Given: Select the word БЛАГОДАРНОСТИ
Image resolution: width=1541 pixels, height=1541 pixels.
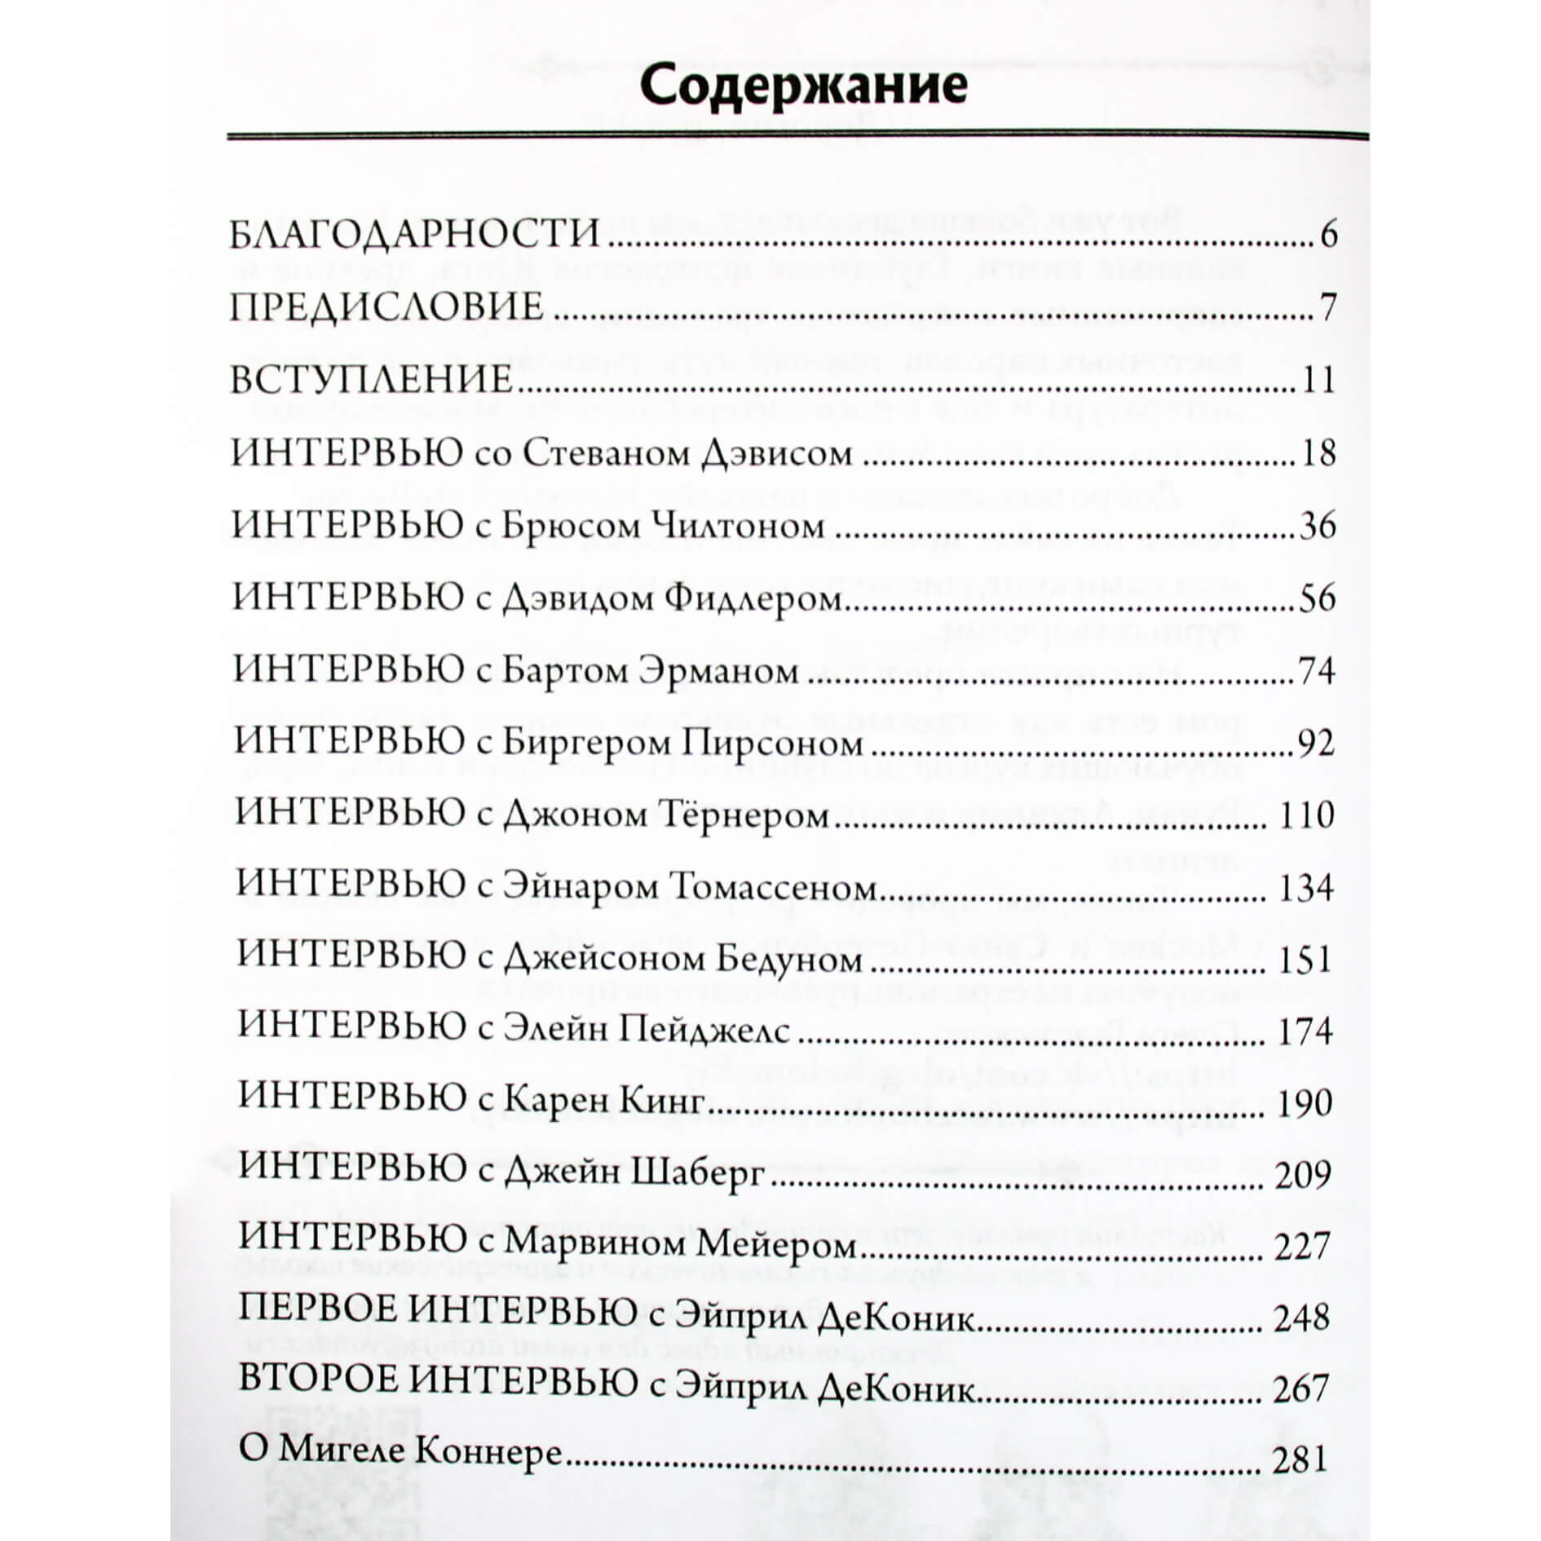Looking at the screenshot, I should (415, 235).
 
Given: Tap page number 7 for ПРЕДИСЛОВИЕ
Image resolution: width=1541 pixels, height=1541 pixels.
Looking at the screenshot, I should (1328, 307).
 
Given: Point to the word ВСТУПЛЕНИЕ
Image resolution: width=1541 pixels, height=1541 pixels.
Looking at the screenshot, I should (372, 380).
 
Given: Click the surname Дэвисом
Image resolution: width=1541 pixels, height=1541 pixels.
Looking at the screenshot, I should (776, 453).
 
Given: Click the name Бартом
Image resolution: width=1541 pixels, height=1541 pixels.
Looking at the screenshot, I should (563, 671).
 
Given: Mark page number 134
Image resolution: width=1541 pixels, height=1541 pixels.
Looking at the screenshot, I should (1306, 888).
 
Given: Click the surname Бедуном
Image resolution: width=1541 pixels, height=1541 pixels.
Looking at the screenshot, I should (788, 960).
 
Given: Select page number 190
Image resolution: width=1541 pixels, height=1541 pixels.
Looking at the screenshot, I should (1305, 1103).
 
